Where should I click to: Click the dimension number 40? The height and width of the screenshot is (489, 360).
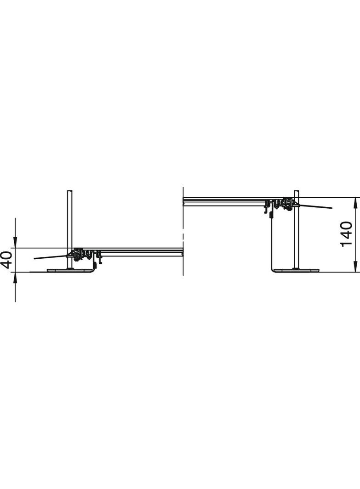coord(6,260)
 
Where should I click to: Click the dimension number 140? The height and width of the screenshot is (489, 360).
coord(346,234)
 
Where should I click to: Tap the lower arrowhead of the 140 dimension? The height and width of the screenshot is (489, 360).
coord(355,266)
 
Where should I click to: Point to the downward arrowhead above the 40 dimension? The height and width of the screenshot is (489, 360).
coord(15,242)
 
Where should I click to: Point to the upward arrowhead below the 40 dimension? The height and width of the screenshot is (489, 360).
coord(15,278)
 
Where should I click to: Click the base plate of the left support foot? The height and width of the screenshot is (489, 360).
coord(70,270)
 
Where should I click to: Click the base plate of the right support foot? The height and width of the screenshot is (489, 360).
coord(297,270)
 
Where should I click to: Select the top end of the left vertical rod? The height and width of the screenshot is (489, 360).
coord(70,190)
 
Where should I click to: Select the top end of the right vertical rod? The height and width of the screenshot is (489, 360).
coord(296,190)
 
